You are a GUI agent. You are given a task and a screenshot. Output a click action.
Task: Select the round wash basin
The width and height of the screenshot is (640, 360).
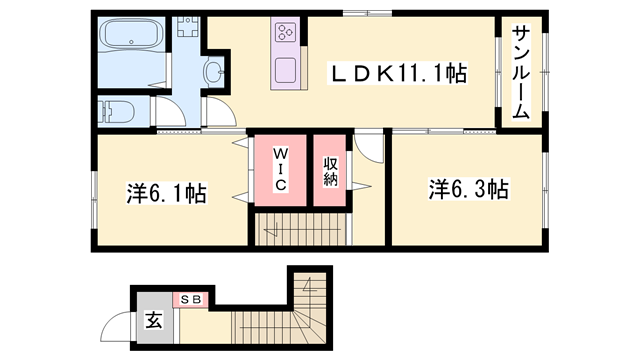[x=214, y=71]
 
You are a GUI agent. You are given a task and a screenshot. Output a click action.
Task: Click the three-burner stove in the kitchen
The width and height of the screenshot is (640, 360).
[x=284, y=32]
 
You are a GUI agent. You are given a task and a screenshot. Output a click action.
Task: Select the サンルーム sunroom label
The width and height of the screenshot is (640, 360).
[x=521, y=71]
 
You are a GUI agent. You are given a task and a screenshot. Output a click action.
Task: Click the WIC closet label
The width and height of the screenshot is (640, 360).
[x=281, y=169]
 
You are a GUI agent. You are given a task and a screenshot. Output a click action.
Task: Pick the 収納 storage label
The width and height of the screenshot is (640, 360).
[x=330, y=171]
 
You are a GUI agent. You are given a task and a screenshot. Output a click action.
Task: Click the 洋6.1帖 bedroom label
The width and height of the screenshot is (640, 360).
[x=166, y=193]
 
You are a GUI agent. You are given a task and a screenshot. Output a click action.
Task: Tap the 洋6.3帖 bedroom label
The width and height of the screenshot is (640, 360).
[x=469, y=189]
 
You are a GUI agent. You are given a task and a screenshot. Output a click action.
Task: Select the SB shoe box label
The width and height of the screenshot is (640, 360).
[x=190, y=299]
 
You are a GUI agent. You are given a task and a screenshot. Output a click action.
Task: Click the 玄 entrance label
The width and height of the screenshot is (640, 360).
[x=154, y=321]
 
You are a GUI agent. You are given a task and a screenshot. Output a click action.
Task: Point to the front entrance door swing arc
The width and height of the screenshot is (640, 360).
[x=121, y=325]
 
